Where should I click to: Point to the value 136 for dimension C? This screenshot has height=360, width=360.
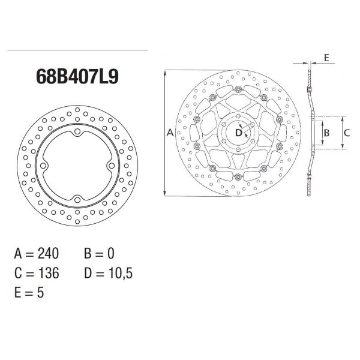tap(48, 273)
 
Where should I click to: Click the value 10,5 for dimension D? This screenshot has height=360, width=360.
tap(118, 273)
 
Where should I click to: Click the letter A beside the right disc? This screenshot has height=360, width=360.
tap(170, 132)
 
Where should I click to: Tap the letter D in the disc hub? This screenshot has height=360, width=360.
tap(238, 132)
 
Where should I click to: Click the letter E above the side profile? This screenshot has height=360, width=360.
tap(326, 58)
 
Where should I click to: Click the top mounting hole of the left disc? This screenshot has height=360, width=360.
tap(77, 131)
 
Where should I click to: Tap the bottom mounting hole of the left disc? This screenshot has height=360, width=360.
tap(77, 199)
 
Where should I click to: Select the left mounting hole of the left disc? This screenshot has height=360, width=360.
tap(44, 166)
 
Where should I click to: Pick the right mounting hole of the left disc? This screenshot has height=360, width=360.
tap(112, 166)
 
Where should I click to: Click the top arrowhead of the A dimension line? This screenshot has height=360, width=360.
tap(164, 72)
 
